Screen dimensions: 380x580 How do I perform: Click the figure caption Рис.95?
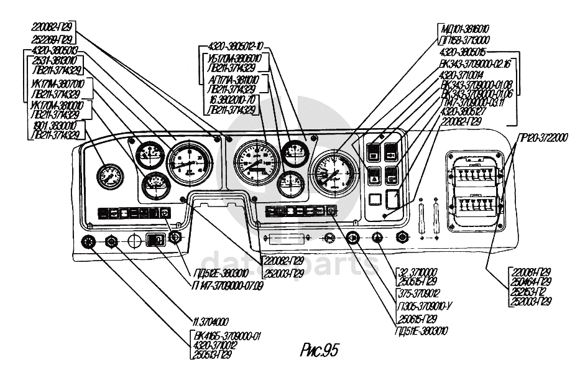(x=319, y=350)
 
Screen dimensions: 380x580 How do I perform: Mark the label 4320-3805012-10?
(x=237, y=45)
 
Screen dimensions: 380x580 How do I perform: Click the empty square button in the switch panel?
(x=374, y=200)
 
